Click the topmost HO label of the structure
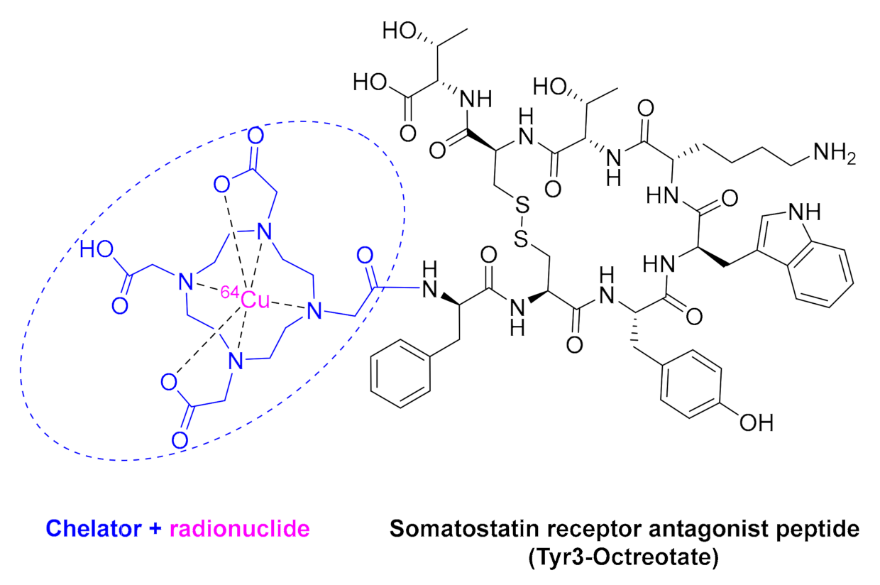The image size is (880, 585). [399, 31]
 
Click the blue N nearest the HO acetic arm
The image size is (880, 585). [187, 283]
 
